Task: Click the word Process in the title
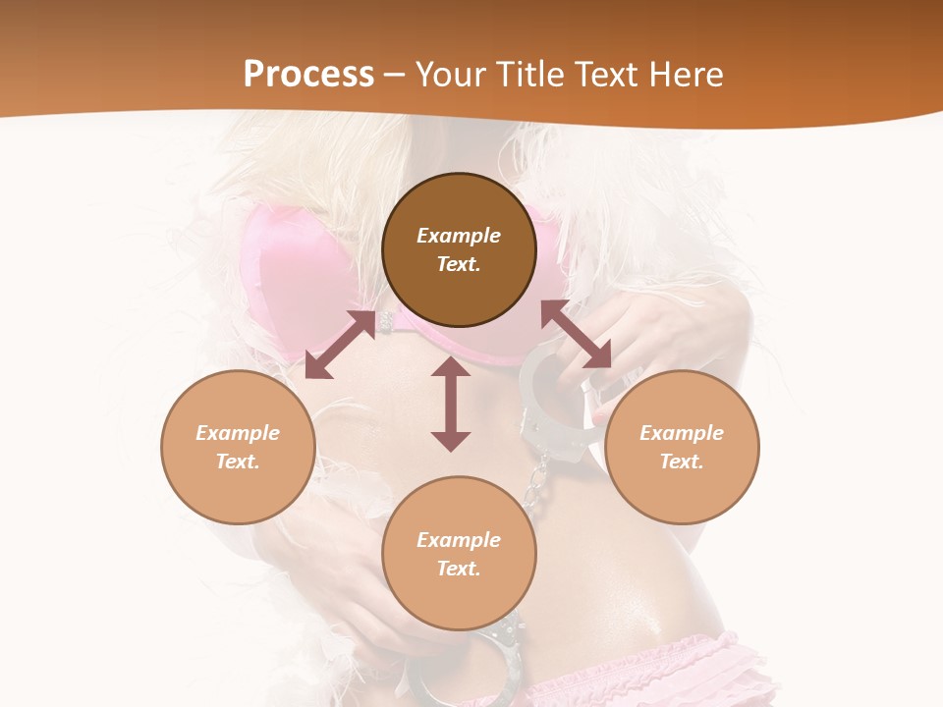pyautogui.click(x=308, y=75)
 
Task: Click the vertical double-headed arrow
pyautogui.click(x=451, y=405)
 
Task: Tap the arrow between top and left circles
pyautogui.click(x=340, y=345)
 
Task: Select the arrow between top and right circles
pyautogui.click(x=577, y=335)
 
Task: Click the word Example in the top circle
pyautogui.click(x=459, y=236)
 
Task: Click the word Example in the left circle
pyautogui.click(x=238, y=433)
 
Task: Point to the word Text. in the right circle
pyautogui.click(x=682, y=462)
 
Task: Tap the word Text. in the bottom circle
pyautogui.click(x=459, y=569)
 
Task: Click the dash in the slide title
pyautogui.click(x=395, y=75)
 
